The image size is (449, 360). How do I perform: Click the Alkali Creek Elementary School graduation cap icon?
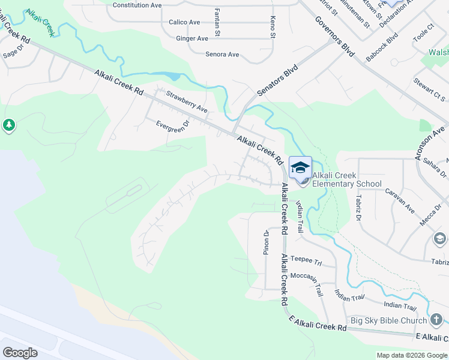tap(300, 167)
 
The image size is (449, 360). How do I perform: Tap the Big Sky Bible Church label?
tap(388, 320)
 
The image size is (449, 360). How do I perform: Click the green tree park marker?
tap(8, 125)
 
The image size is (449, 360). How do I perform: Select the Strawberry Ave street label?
tap(187, 102)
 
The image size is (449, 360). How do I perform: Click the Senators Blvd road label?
tap(277, 81)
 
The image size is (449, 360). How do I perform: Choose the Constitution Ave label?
tap(137, 5)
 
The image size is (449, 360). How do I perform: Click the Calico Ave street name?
tap(184, 22)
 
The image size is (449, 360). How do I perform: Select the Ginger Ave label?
tap(192, 38)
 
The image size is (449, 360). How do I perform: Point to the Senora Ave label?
tap(222, 55)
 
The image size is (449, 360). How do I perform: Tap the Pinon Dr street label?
tap(266, 243)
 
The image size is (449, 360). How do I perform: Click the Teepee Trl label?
tap(306, 261)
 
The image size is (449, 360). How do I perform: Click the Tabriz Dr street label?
tap(358, 206)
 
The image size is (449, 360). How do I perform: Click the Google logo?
tap(20, 353)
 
